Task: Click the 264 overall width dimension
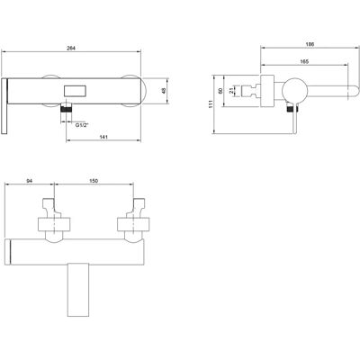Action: (x=71, y=48)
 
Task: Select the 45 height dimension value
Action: (x=164, y=91)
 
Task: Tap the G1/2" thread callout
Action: (x=81, y=125)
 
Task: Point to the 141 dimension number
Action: (x=103, y=137)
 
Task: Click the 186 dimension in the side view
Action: (x=310, y=44)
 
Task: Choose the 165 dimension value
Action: (x=304, y=61)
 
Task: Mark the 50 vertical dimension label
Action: (x=220, y=91)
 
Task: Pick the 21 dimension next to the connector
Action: (x=231, y=91)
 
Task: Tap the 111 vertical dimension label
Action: (x=211, y=103)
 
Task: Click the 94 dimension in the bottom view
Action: (x=30, y=181)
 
